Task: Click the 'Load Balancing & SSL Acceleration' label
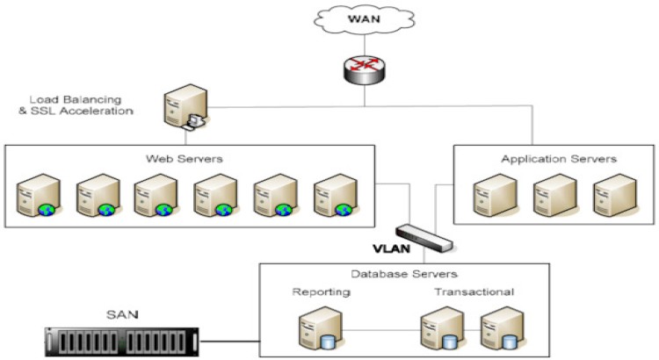82,106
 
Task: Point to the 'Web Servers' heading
190,159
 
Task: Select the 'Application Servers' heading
559,159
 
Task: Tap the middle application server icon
553,195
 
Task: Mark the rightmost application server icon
613,195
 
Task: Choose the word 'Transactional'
473,292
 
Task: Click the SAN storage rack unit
122,339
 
